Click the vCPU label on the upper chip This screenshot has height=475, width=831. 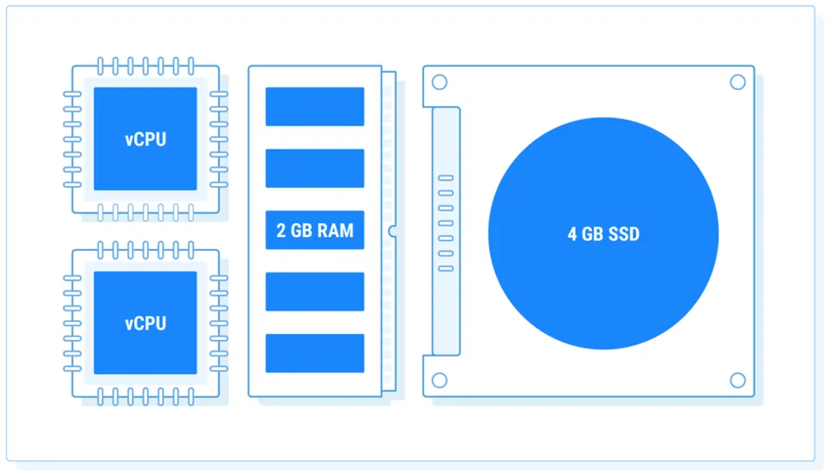pos(145,139)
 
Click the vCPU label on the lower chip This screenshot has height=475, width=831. pos(145,324)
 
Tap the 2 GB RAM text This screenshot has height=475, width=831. pos(314,231)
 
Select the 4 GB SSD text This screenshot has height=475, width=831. pos(603,234)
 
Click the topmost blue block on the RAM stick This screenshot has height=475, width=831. pos(314,106)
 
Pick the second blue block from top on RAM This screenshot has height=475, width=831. pos(314,168)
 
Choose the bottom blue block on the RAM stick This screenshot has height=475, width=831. pos(314,353)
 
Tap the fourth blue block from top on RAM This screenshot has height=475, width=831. pos(314,292)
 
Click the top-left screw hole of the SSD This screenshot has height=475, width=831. pos(440,83)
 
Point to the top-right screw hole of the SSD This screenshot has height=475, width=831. pos(738,82)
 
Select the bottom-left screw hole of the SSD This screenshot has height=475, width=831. pos(440,381)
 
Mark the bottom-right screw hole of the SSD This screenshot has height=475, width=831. pos(738,381)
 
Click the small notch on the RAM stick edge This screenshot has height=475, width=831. pos(392,231)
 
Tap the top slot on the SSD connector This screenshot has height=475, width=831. pos(446,178)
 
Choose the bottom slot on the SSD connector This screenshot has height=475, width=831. pos(446,268)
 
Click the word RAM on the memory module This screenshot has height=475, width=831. pos(336,231)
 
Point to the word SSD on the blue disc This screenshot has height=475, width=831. pos(623,234)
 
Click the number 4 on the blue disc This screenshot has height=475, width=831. pos(572,234)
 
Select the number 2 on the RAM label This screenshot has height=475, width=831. pos(281,231)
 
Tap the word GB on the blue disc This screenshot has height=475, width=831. pos(593,234)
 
